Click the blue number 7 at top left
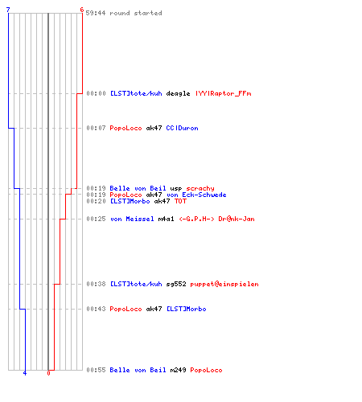pos(8,10)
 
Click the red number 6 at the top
pos(82,10)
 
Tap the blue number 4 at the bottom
pos(25,373)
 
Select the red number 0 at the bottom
pos(48,373)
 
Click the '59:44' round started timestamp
pos(96,13)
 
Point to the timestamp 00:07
pos(96,128)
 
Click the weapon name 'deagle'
pos(178,93)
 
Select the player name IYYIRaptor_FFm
pos(224,93)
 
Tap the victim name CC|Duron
pos(182,128)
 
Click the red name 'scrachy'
pos(200,188)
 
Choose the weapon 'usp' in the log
pos(176,189)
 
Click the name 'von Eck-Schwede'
pos(196,195)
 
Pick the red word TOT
pos(180,201)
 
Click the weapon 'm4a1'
pos(166,219)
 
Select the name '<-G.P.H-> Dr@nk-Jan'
pos(216,219)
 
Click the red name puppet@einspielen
pos(224,284)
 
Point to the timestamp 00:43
pos(96,309)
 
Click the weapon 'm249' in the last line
pos(178,370)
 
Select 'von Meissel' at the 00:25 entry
pos(132,219)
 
